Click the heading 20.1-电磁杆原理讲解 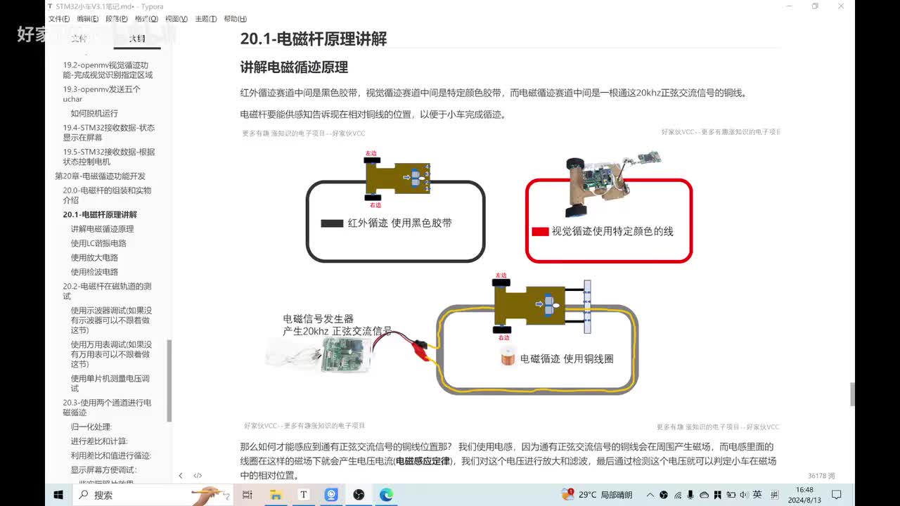(313, 39)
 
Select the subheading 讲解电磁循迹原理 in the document (294, 67)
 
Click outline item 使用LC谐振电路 (98, 243)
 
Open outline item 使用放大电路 (94, 258)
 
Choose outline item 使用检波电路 (94, 272)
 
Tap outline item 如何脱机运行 (94, 113)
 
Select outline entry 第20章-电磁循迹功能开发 (100, 176)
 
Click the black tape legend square (332, 223)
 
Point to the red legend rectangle (540, 231)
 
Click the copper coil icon (508, 358)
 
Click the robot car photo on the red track (605, 184)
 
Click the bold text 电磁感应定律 (422, 462)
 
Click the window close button (841, 6)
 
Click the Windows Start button (58, 495)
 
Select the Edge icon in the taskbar (386, 495)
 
